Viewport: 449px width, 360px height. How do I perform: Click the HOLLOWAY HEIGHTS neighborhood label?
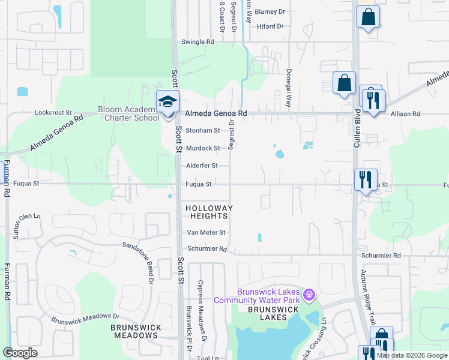coord(207,212)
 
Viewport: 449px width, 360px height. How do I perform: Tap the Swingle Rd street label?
coord(197,42)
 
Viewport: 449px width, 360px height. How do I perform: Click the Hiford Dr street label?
coord(269,26)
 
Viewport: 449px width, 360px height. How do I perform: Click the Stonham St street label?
coord(202,130)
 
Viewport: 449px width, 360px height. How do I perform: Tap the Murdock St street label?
coord(202,148)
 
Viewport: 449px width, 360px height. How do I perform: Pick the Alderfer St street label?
coord(201,166)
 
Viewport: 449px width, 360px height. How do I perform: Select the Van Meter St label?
coord(205,232)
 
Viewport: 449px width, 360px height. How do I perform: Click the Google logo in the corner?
coord(21,352)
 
